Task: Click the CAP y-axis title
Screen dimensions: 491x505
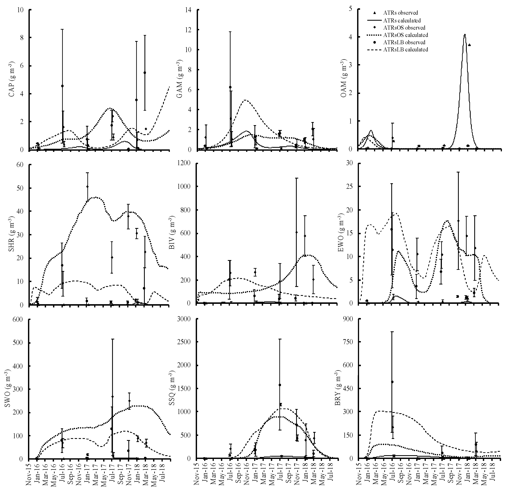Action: point(11,80)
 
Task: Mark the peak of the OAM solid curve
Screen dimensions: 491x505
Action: point(464,35)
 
